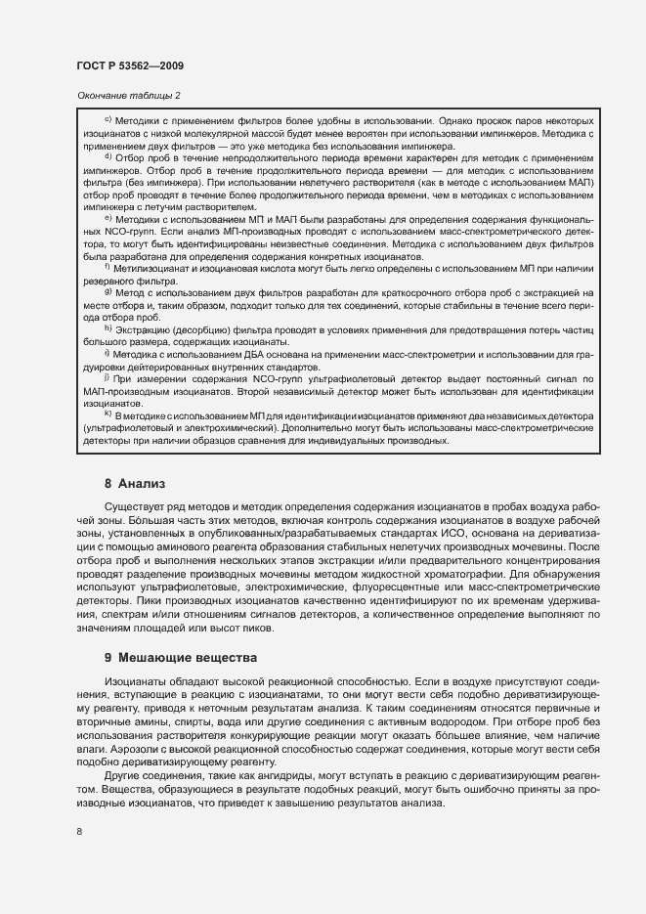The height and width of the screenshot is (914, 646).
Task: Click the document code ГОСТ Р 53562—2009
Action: click(x=129, y=65)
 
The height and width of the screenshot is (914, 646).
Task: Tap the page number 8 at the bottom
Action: click(x=79, y=831)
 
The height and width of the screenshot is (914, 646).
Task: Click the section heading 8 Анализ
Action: click(x=136, y=483)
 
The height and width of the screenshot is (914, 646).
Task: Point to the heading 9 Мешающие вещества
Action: click(x=181, y=658)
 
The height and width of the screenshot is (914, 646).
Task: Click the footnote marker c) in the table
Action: click(x=108, y=115)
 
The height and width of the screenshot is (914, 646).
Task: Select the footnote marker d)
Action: click(x=108, y=155)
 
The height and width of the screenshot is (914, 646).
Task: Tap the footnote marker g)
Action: click(x=108, y=291)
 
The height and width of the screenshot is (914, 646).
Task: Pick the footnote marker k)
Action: click(x=108, y=415)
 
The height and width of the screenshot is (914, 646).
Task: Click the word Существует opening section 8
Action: click(x=134, y=508)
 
